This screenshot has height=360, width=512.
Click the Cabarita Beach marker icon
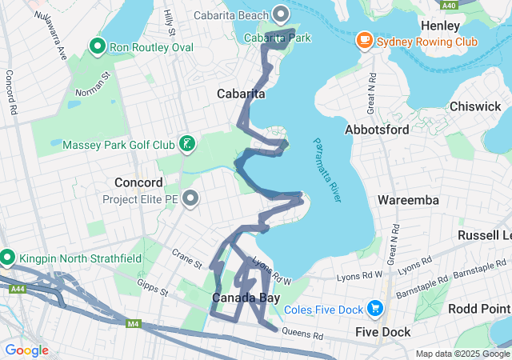[281, 14]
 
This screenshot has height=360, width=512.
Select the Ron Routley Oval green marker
[98, 46]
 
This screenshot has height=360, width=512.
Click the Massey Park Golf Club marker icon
[186, 144]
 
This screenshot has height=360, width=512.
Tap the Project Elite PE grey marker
[190, 198]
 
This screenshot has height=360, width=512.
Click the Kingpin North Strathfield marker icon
[7, 258]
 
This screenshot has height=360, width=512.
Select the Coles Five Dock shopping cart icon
[374, 308]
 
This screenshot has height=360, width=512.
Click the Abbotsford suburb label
[376, 129]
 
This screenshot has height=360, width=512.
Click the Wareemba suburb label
[408, 199]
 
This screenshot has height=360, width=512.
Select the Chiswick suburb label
[475, 106]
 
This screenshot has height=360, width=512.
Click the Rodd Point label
[479, 309]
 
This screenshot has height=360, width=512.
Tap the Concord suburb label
[138, 182]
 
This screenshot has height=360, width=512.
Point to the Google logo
[26, 350]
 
